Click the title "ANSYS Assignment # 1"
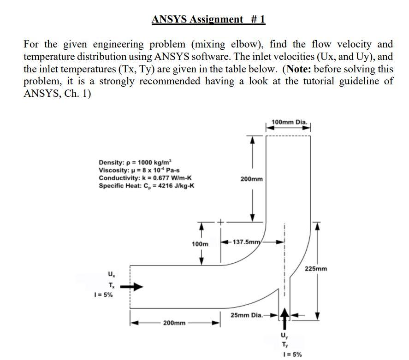tap(208, 19)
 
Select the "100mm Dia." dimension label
tap(289, 122)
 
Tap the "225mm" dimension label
tap(316, 268)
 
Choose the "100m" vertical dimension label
tap(200, 243)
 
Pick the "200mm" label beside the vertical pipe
tap(252, 178)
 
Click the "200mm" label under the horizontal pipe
tap(174, 323)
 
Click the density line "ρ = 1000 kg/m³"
tap(135, 162)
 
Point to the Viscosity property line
tap(138, 170)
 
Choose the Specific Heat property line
tap(147, 185)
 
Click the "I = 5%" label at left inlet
tap(103, 295)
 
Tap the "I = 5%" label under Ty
tap(292, 354)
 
